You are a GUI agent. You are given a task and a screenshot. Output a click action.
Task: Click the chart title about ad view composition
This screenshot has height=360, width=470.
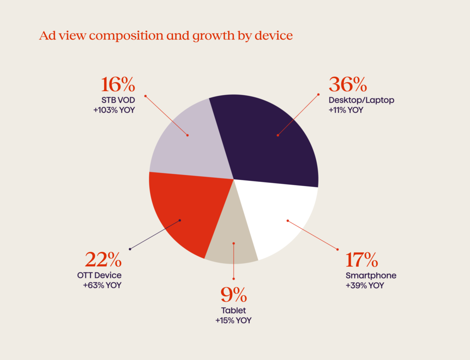pos(166,36)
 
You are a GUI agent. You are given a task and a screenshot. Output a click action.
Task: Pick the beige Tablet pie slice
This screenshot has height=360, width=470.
pos(232,243)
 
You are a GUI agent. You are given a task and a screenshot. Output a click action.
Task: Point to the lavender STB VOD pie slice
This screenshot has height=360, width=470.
pos(188,138)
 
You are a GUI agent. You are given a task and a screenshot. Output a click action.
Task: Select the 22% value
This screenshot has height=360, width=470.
pos(103,260)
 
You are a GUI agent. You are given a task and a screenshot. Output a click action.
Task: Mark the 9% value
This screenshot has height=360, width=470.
pos(234,294)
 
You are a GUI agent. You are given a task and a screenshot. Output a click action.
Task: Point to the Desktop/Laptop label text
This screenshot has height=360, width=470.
pos(361,100)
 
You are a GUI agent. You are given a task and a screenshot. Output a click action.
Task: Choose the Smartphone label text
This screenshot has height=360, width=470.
pos(371,276)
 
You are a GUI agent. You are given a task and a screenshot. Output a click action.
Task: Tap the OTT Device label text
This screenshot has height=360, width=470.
pos(100,276)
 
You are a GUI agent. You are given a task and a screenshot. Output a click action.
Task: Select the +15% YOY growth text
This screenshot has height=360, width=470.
pos(234,321)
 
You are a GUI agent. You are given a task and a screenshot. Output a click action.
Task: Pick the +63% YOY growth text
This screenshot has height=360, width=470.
pos(102,286)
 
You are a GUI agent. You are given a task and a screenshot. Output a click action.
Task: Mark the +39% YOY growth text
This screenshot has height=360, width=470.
pos(365,286)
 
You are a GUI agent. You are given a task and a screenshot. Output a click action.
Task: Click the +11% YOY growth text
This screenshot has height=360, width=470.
pos(346,110)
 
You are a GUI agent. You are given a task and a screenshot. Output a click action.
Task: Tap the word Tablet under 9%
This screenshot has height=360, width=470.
pos(234,310)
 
